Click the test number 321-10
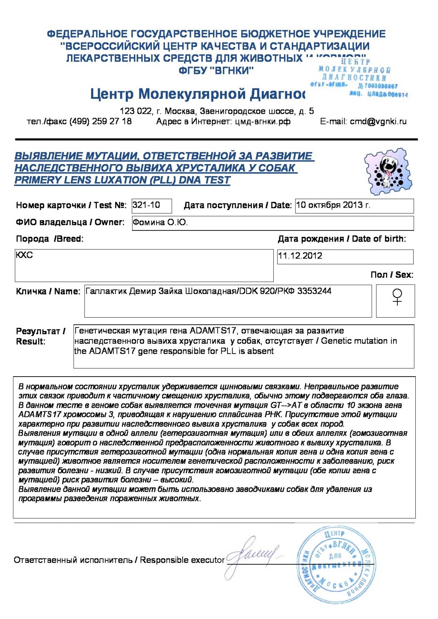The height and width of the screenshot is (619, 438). [146, 205]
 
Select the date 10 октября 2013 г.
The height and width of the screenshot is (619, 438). [333, 205]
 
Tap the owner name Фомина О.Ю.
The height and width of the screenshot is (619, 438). [160, 222]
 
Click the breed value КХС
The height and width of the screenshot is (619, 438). [24, 255]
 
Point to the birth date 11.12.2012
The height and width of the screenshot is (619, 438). [300, 256]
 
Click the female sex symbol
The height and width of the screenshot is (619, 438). [397, 297]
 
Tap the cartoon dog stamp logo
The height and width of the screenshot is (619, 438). [388, 171]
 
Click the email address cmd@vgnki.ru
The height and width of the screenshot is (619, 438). [378, 121]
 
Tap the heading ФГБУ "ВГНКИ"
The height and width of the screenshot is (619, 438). [216, 70]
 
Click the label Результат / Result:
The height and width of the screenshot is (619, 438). [40, 336]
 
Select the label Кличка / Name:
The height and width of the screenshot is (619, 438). [48, 292]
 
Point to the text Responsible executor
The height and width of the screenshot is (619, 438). [182, 560]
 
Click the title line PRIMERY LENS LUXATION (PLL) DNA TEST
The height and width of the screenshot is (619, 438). [122, 180]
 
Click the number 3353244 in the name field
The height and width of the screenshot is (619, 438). [314, 291]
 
